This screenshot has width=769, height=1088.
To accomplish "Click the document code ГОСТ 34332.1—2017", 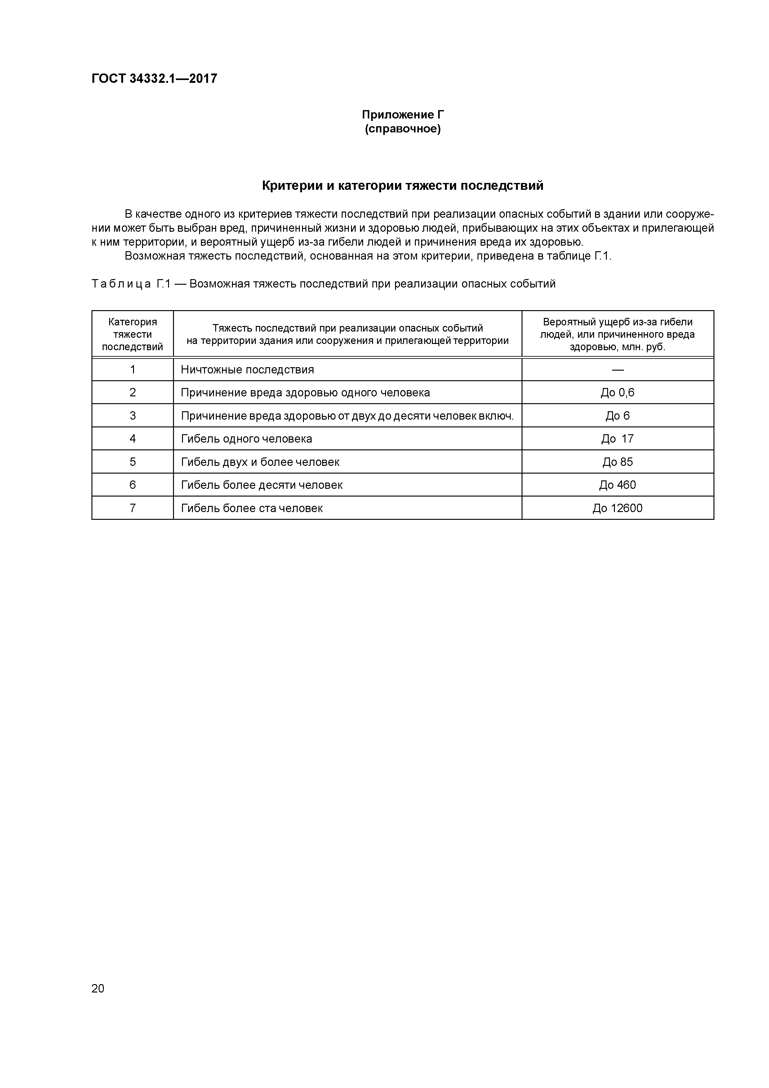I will point(154,79).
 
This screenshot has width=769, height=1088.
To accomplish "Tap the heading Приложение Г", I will point(403,115).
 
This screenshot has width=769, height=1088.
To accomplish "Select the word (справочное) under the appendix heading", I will point(403,129).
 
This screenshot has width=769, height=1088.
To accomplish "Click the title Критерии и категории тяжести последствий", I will point(403,186).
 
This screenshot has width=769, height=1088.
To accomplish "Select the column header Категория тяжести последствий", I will point(133,334).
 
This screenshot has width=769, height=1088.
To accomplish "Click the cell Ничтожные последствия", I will point(247,370).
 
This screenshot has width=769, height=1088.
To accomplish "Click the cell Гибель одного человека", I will point(247,439).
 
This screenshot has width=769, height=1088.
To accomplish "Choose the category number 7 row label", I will point(133,508).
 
